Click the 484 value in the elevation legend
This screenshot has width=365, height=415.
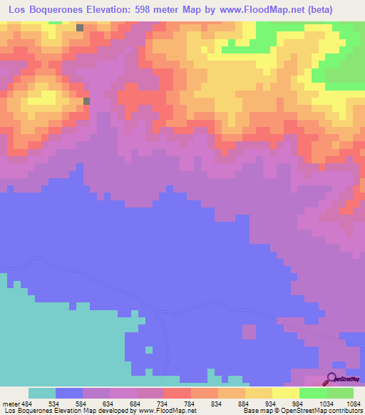[x=27, y=403]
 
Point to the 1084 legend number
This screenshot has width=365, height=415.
[x=354, y=403]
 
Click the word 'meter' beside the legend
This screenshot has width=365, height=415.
[x=11, y=403]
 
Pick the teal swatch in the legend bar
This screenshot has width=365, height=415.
[x=42, y=393]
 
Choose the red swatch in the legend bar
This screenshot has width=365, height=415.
[x=178, y=393]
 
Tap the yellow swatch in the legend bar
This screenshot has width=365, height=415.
[x=286, y=393]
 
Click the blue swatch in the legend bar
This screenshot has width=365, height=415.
[x=69, y=393]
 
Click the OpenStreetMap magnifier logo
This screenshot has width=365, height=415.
[x=332, y=379]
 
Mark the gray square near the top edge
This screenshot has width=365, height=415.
[x=79, y=28]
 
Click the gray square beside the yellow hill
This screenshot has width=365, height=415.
[x=87, y=101]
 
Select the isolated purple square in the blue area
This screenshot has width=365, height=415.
[x=249, y=332]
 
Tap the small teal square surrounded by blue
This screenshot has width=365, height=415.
[x=149, y=350]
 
